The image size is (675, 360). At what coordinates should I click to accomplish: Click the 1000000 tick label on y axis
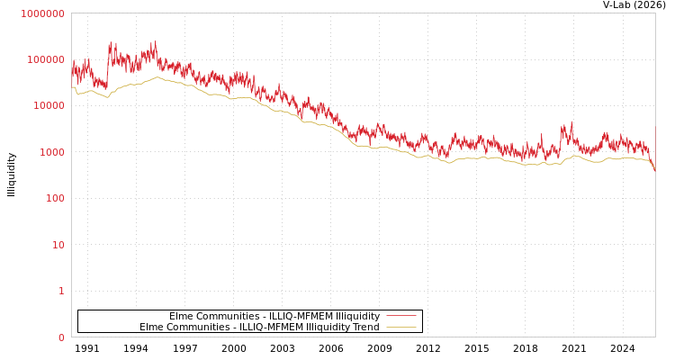pyautogui.click(x=42, y=13)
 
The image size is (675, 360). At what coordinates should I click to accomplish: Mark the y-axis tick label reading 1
pyautogui.click(x=61, y=291)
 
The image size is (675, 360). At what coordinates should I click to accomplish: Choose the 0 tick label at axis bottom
pyautogui.click(x=61, y=337)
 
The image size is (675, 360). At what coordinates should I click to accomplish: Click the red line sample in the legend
pyautogui.click(x=401, y=316)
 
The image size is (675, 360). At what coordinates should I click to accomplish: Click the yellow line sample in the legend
pyautogui.click(x=401, y=327)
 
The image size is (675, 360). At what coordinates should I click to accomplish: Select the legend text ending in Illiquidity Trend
pyautogui.click(x=259, y=327)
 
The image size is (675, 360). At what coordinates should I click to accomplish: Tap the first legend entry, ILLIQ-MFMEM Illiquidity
pyautogui.click(x=274, y=316)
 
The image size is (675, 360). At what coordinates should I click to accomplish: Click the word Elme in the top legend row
pyautogui.click(x=181, y=316)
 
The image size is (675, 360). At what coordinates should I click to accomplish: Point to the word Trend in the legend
pyautogui.click(x=365, y=327)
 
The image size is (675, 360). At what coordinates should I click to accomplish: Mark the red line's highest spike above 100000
pyautogui.click(x=154, y=41)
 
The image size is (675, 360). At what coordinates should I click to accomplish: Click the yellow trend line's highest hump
pyautogui.click(x=157, y=77)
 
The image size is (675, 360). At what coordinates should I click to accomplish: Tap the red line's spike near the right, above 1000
pyautogui.click(x=571, y=122)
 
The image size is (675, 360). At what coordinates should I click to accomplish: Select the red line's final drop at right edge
pyautogui.click(x=653, y=167)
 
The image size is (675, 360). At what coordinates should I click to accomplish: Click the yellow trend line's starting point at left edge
pyautogui.click(x=73, y=87)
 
